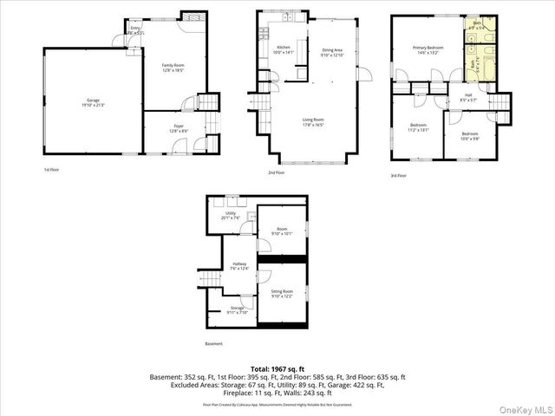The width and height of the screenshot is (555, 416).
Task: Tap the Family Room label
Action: (x=173, y=67)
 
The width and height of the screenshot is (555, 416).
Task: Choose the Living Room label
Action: (x=313, y=121)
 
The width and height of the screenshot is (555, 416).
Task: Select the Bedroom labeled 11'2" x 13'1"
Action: (x=418, y=128)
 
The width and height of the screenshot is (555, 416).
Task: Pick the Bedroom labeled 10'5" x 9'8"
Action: (x=469, y=135)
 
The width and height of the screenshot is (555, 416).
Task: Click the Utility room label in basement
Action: (x=231, y=215)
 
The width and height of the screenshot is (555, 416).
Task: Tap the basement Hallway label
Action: (x=239, y=265)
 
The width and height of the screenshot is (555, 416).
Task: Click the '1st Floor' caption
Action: (x=52, y=170)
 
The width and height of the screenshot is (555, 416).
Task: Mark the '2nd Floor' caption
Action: (x=277, y=172)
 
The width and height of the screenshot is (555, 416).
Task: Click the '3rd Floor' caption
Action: (x=395, y=176)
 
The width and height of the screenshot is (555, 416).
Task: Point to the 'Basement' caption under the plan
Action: (x=213, y=344)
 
